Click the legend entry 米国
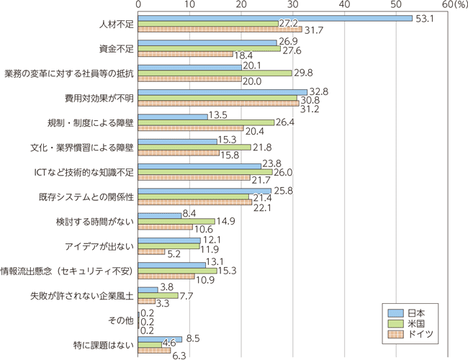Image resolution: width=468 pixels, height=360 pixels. [415, 324]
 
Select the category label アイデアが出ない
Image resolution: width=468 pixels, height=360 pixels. [104, 246]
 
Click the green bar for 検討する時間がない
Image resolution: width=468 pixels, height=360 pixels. [176, 220]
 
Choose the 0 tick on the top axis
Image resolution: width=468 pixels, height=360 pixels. [138, 5]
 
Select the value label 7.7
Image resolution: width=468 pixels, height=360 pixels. [189, 296]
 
